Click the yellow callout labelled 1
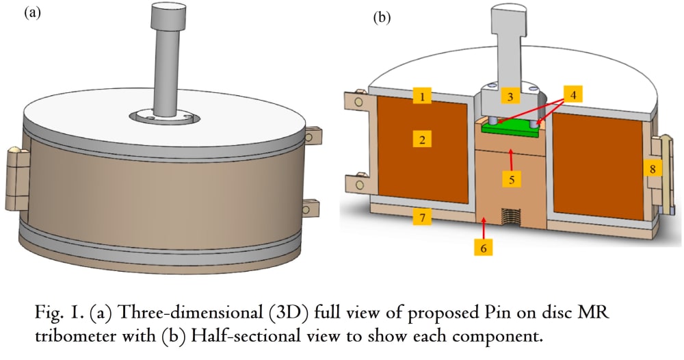(x=422, y=96)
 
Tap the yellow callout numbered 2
(x=422, y=140)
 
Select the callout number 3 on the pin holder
(x=510, y=96)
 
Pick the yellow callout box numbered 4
(x=573, y=94)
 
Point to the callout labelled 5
(x=512, y=179)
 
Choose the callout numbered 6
(x=484, y=248)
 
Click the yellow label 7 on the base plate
(x=422, y=216)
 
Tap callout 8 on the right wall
(x=653, y=168)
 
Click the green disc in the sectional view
(x=510, y=130)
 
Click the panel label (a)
(x=33, y=12)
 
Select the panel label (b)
(x=382, y=18)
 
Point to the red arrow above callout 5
(x=510, y=159)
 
